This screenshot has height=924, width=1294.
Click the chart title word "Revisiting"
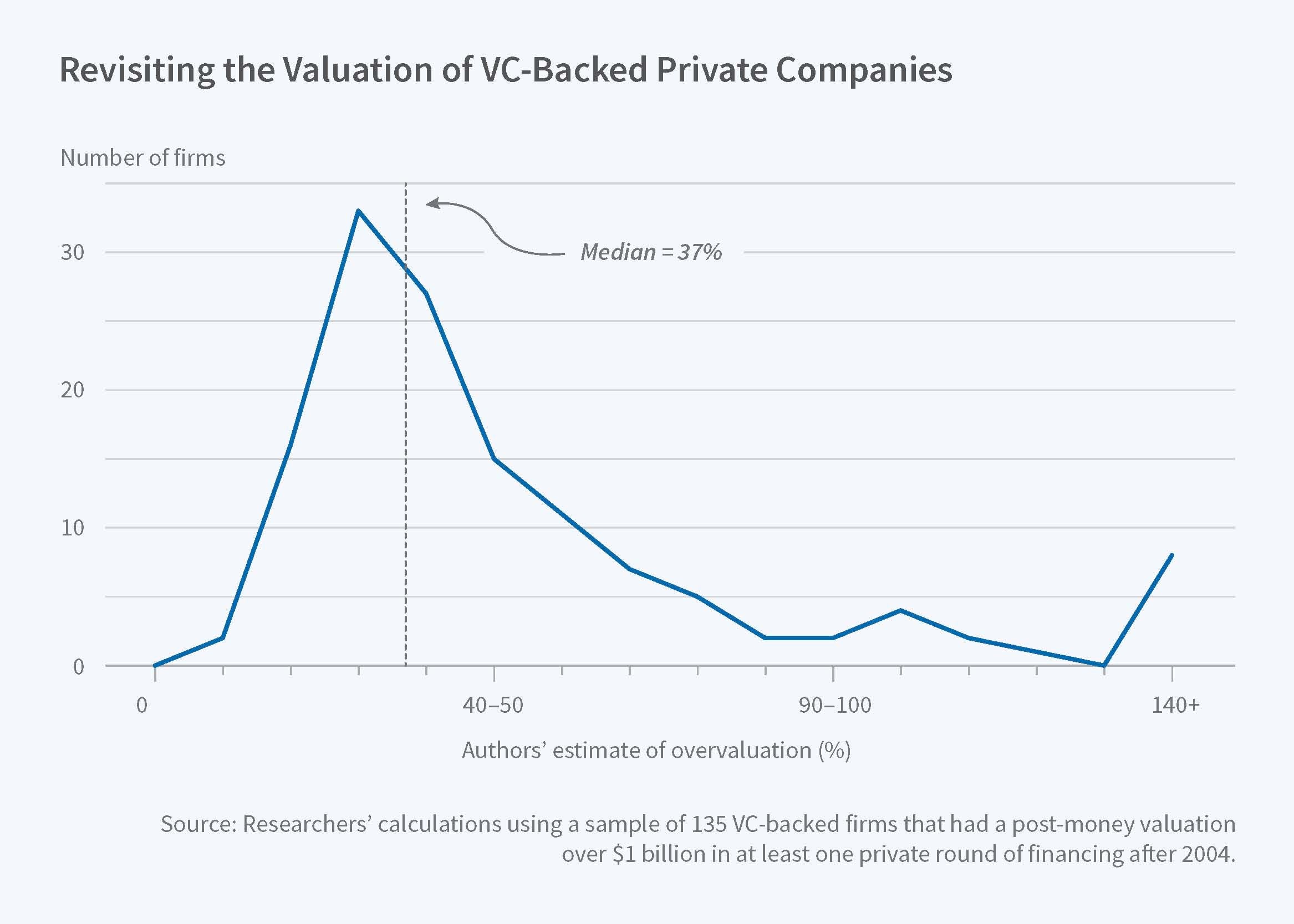pyautogui.click(x=137, y=70)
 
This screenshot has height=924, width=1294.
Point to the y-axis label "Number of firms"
pyautogui.click(x=142, y=158)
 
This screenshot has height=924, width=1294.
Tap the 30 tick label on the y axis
pyautogui.click(x=72, y=252)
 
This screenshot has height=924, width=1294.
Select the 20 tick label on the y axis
pyautogui.click(x=72, y=390)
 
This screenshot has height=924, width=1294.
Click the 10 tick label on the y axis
pyautogui.click(x=72, y=528)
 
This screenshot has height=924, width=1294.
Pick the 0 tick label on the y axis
pyautogui.click(x=79, y=666)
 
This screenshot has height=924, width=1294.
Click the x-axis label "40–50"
pyautogui.click(x=493, y=706)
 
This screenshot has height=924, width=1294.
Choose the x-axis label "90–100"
pyautogui.click(x=835, y=706)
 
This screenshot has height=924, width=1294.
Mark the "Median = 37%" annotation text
pyautogui.click(x=651, y=252)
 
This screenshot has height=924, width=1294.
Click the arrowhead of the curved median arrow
pyautogui.click(x=430, y=203)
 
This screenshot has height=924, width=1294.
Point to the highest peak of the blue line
pyautogui.click(x=358, y=211)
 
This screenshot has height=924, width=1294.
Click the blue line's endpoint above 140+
pyautogui.click(x=1171, y=555)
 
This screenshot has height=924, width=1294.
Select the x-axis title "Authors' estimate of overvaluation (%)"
pyautogui.click(x=656, y=751)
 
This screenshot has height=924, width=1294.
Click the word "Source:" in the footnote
pyautogui.click(x=198, y=824)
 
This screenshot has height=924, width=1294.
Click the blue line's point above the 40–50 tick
pyautogui.click(x=494, y=458)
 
